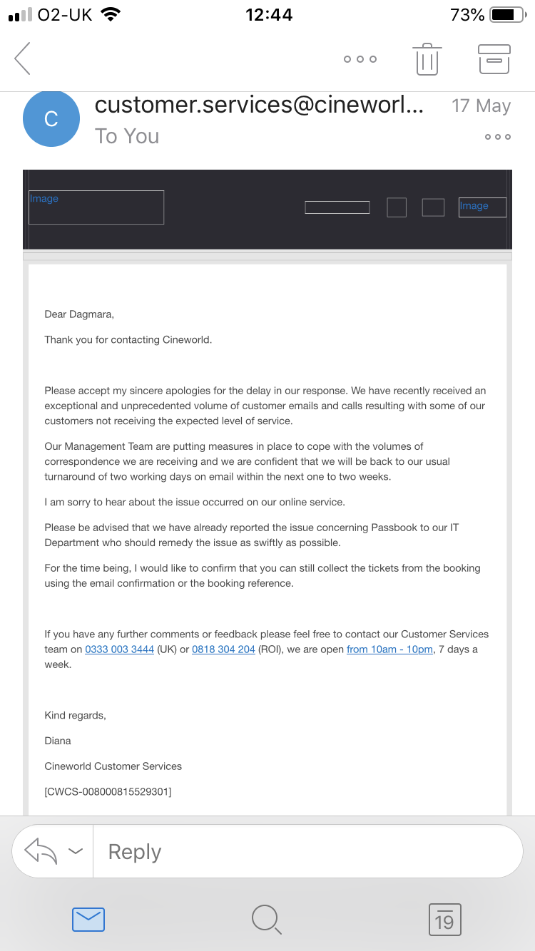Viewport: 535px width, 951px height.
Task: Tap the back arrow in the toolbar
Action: tap(23, 58)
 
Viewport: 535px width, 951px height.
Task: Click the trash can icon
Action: tap(427, 58)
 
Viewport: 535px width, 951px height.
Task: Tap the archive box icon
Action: tap(494, 58)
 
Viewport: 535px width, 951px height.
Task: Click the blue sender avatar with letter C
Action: tap(51, 118)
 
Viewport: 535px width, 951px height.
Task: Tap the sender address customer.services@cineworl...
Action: tap(259, 105)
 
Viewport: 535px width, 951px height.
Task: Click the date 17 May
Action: tap(481, 106)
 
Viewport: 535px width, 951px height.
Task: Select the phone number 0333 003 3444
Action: tap(119, 649)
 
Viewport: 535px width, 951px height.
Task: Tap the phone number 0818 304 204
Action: tap(223, 649)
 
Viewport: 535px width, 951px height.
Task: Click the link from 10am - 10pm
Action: tap(389, 649)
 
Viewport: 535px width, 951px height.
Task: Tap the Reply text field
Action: tap(307, 852)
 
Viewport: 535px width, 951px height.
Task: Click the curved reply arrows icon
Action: tap(41, 851)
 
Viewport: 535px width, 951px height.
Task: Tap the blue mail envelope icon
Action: tap(88, 920)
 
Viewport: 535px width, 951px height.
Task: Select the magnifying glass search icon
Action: tap(267, 920)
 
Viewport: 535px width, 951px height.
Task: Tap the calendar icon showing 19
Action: tap(444, 920)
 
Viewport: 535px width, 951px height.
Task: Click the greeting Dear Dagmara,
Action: tap(79, 314)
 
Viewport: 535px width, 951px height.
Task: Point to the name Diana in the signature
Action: tap(58, 741)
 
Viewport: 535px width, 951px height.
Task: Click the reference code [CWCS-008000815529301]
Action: tap(108, 791)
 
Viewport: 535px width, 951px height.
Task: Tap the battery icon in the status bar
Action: tap(507, 14)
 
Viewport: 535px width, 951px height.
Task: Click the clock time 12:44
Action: tap(269, 14)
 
